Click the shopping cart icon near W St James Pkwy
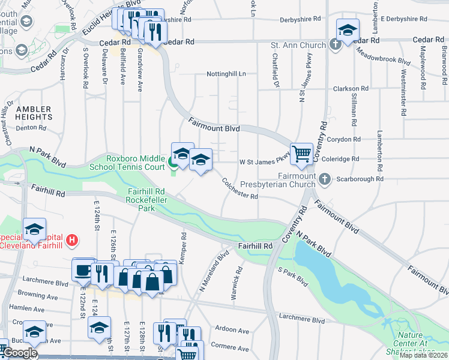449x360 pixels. tap(301, 152)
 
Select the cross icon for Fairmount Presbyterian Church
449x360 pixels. tap(324, 179)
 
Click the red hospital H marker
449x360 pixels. tap(72, 241)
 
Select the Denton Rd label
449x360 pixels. tap(31, 128)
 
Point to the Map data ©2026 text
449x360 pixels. tap(424, 355)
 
